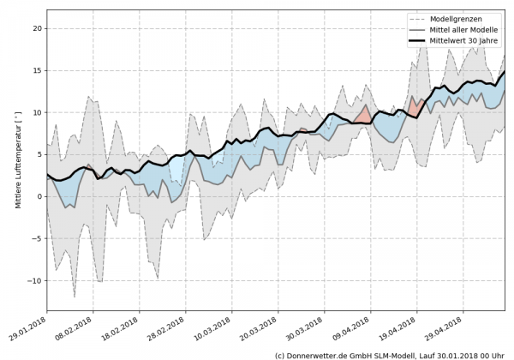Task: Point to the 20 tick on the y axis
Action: (37, 28)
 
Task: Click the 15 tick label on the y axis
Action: (37, 70)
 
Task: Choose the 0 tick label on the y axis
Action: (39, 197)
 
